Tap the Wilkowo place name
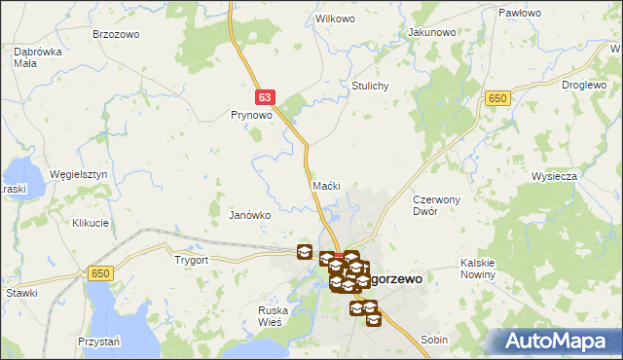point(335,19)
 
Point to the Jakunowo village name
point(432,32)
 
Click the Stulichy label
point(370,86)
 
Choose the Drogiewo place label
point(585,85)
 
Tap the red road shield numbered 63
point(267,97)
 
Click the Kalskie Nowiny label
point(479,269)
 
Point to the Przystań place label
point(98,342)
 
